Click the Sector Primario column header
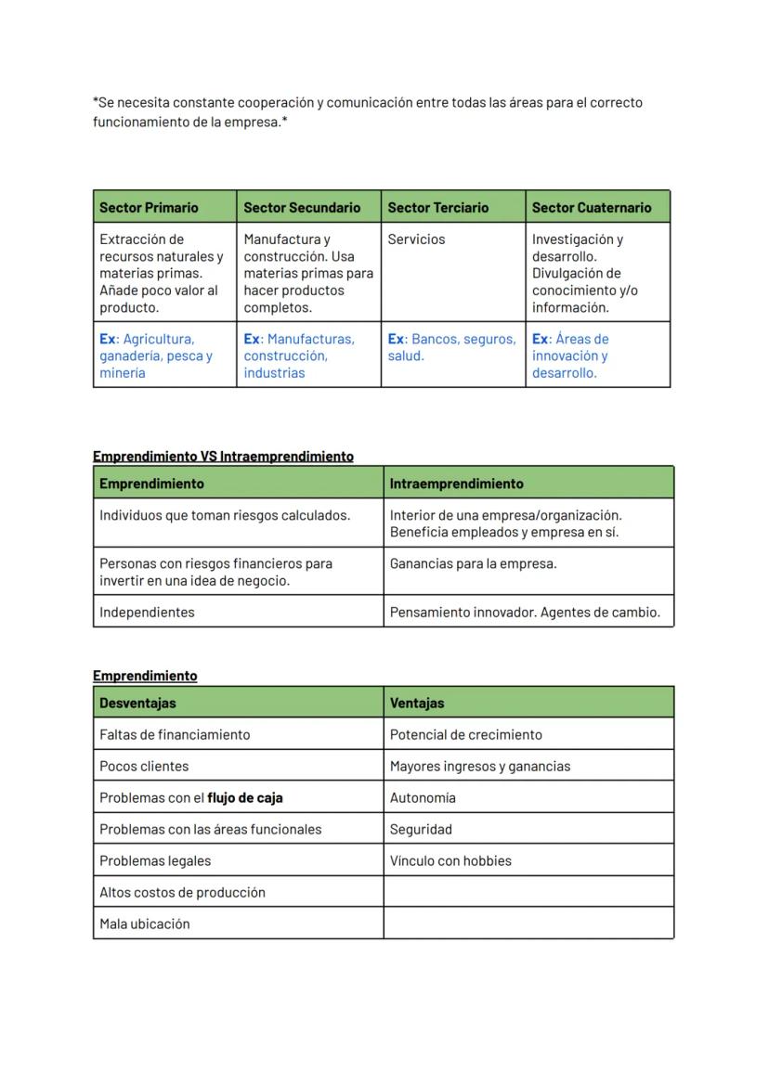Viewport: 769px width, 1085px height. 149,207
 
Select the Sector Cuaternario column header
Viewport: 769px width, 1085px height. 592,207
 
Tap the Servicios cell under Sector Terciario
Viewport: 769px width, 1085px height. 416,239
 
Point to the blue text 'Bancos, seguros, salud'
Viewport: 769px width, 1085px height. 451,347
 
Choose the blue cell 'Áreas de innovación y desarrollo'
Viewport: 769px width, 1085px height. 570,355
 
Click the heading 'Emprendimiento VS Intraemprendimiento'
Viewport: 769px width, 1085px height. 223,456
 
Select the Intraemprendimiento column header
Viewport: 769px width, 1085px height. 456,484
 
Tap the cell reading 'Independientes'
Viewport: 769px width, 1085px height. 147,612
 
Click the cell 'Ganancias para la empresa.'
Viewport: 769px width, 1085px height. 473,563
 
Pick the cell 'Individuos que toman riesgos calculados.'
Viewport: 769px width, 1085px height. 225,515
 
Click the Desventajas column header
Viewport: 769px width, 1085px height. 137,703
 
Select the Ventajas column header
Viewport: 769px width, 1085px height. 417,703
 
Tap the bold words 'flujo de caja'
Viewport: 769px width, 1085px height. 245,797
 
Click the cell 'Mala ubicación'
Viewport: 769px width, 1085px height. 145,924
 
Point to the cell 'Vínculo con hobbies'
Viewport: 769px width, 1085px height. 450,860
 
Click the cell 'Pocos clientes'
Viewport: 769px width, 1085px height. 144,766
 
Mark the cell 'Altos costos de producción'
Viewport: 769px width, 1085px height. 182,892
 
